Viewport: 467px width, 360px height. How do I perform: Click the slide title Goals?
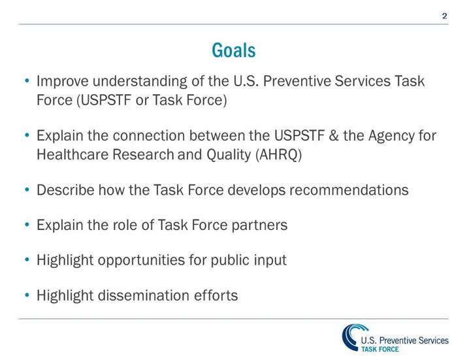(233, 50)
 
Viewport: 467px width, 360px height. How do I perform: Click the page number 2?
(445, 16)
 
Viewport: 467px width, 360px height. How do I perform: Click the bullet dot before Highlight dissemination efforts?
(26, 295)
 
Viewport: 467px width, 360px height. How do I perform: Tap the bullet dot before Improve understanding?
(26, 82)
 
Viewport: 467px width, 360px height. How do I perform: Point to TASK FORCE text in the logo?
(380, 349)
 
